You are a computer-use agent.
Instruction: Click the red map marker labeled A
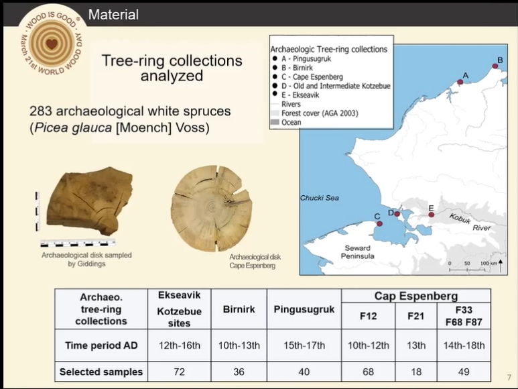[460, 82]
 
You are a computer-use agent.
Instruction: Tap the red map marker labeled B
[495, 66]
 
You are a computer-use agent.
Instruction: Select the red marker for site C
[379, 224]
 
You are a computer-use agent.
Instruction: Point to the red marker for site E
[431, 215]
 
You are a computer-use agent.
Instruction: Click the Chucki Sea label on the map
[320, 198]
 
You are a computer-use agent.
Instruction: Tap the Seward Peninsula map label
[357, 252]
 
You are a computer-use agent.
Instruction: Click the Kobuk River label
[470, 223]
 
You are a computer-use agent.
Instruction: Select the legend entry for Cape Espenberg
[308, 77]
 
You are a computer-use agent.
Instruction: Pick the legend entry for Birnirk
[293, 68]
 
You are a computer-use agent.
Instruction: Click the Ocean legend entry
[286, 122]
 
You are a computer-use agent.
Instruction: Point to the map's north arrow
[501, 266]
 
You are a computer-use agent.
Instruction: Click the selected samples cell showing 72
[179, 372]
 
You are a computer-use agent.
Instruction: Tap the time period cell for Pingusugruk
[304, 345]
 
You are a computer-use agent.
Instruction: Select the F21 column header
[416, 316]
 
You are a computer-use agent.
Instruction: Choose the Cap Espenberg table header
[416, 296]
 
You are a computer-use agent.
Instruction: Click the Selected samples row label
[101, 372]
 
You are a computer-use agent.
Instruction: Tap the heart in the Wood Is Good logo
[52, 44]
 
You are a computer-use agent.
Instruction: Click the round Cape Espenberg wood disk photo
[212, 208]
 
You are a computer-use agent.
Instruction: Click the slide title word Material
[113, 15]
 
